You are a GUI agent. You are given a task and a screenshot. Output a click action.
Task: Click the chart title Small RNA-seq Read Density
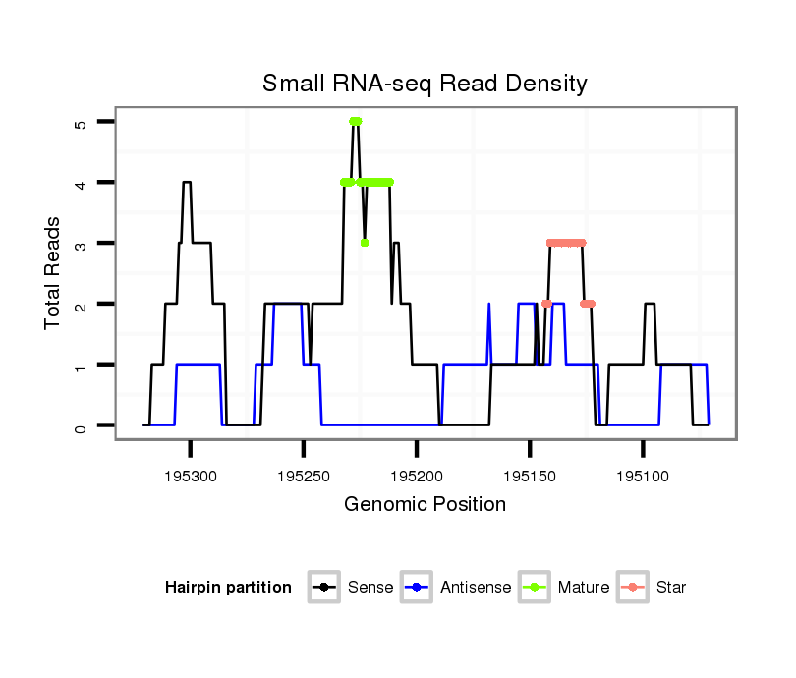pos(425,84)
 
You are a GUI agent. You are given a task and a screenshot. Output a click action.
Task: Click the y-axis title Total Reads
pos(53,272)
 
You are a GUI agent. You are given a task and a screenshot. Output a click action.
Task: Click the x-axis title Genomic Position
pos(425,505)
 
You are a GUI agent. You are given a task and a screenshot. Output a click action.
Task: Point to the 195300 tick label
pos(191,476)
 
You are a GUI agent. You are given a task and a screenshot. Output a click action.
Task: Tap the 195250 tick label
pos(304,476)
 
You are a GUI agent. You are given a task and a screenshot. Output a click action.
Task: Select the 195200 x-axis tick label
pos(417,476)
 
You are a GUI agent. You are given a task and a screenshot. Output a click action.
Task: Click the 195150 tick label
pos(530,476)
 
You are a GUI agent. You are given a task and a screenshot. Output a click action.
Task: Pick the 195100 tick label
pos(643,476)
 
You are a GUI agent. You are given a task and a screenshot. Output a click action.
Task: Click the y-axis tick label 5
pos(80,123)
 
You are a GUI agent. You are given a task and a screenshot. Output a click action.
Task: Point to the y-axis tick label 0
pos(80,426)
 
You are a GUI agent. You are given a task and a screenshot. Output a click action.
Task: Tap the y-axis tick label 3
pos(80,244)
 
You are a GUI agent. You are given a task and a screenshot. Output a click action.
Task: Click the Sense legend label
pos(370,588)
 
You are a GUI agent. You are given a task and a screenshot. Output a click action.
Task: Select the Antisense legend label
pos(476,588)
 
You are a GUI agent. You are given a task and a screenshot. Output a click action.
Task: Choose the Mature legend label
pos(584,588)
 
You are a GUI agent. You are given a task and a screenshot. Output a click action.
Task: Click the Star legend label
pos(672,588)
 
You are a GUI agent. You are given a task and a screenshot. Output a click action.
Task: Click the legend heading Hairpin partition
pos(229,588)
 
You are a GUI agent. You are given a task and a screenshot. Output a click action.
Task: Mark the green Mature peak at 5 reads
pos(355,121)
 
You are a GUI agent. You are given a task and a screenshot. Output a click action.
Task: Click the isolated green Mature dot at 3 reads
pos(365,243)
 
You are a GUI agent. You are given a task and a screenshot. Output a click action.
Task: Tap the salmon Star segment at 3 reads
pos(566,243)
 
